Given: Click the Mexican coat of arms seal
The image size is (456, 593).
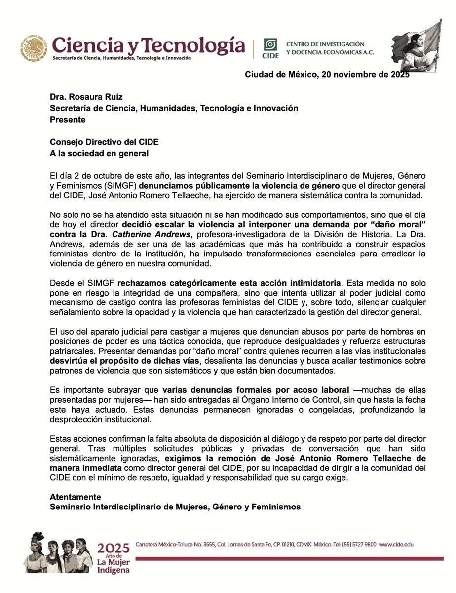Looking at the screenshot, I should (x=35, y=47).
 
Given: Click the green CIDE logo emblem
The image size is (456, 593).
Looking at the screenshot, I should (x=270, y=45).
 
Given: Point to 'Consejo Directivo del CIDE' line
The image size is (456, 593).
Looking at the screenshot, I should (x=104, y=142).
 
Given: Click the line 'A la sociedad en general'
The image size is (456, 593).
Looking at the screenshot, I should (x=99, y=153).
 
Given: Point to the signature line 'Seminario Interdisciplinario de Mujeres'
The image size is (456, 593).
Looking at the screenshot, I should (x=175, y=507).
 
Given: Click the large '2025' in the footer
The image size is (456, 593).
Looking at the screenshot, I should (x=114, y=548).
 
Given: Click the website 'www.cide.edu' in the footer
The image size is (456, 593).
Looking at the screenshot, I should (x=396, y=544).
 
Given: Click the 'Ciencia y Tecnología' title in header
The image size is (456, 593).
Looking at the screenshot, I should (x=149, y=45).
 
